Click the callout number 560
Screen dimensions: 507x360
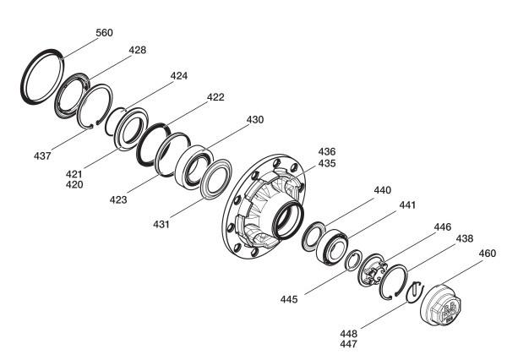click(x=104, y=33)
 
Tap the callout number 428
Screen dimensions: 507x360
click(x=138, y=50)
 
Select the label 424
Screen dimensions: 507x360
click(x=179, y=76)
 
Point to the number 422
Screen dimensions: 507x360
click(x=215, y=97)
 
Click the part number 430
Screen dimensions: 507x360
click(x=255, y=120)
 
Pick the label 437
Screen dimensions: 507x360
click(x=42, y=155)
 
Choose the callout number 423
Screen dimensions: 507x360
click(x=118, y=200)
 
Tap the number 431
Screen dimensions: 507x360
click(x=161, y=224)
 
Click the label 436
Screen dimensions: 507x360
click(x=327, y=151)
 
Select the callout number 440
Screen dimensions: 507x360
click(x=383, y=190)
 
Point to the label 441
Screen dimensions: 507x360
click(x=407, y=205)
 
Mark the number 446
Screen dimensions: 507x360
click(x=442, y=227)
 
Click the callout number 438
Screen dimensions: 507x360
click(x=464, y=238)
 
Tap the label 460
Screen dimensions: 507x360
click(x=487, y=254)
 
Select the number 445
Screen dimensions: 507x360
click(x=289, y=299)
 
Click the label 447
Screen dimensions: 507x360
click(x=348, y=344)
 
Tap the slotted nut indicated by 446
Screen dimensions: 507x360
click(x=373, y=270)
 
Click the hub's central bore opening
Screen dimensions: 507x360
click(x=288, y=220)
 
